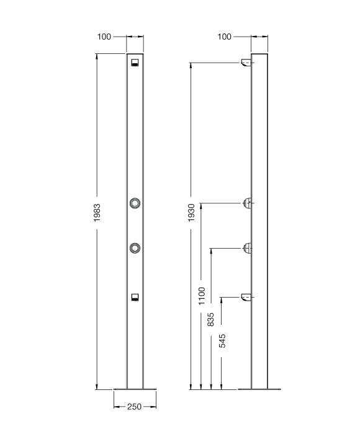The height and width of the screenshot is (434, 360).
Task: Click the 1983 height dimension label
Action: tap(97, 213)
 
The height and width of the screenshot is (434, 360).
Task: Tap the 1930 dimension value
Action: tap(191, 212)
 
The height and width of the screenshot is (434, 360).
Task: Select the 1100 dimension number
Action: tap(202, 296)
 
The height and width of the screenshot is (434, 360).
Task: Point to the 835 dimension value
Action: tap(211, 319)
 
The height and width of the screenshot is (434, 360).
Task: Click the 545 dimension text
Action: tap(222, 341)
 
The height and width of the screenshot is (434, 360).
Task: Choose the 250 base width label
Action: tap(135, 407)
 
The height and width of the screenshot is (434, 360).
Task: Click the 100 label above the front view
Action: tap(104, 37)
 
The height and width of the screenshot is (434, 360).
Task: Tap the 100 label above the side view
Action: tap(224, 37)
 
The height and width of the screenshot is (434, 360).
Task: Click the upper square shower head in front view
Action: tap(135, 62)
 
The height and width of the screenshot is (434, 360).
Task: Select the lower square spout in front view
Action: tap(135, 297)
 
